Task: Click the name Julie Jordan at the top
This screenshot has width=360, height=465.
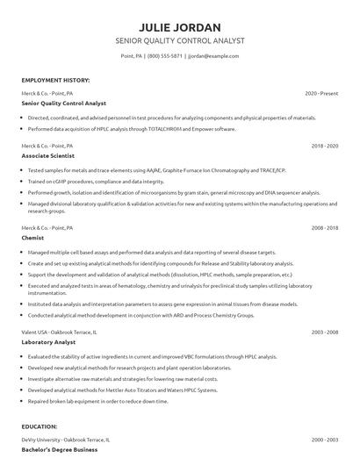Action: coord(179,26)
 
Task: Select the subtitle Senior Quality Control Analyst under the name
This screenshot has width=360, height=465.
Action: coord(179,41)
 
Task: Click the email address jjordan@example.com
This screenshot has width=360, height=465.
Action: coord(213,56)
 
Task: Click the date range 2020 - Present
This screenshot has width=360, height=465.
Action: coord(321,93)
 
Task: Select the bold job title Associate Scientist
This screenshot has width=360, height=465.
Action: coord(54,155)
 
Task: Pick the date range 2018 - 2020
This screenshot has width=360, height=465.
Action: coord(325,146)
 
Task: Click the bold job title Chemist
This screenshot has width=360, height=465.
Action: coord(34,237)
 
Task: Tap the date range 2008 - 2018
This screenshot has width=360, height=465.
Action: coord(325,227)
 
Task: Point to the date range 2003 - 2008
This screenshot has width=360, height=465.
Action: coord(325,333)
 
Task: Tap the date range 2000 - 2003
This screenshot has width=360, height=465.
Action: coord(325,440)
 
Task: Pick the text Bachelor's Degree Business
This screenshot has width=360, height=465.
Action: coord(59,449)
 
